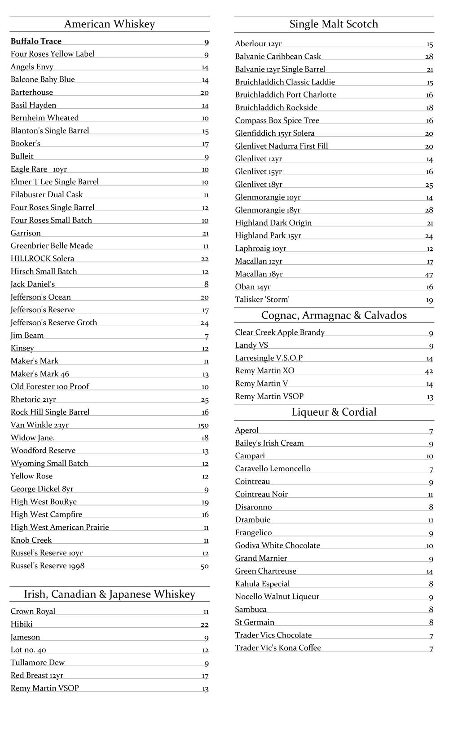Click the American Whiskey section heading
coord(109,24)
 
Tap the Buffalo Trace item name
coord(36,41)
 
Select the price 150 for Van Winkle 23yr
coord(203,425)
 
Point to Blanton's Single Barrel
coord(50,131)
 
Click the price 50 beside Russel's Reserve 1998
coord(204,567)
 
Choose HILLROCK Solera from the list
coord(42,259)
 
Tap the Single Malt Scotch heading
coord(334,24)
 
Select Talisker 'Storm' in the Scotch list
coord(262,300)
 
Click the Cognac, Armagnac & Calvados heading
coord(334,315)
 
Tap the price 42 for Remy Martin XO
coord(429,372)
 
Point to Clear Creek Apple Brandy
coord(280,332)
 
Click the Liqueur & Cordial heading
coord(334,412)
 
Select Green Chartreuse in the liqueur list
coord(265,571)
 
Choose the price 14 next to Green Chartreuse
coord(430,572)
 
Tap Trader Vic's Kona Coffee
coord(278,648)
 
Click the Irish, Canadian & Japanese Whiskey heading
coord(109,594)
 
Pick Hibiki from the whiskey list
coord(22,624)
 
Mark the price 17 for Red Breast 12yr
coord(205,676)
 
